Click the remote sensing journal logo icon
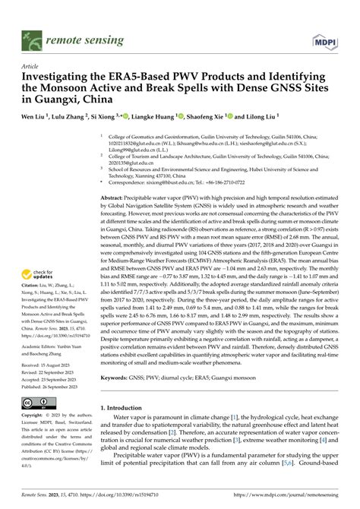(x=31, y=36)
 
